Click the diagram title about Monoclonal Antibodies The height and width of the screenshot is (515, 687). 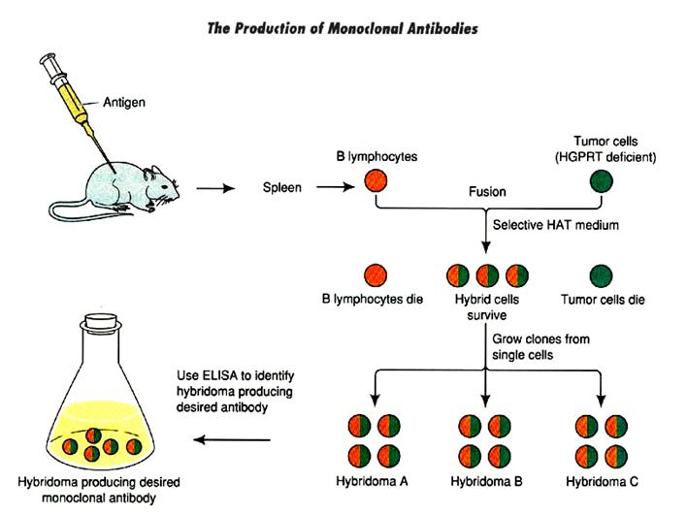343,28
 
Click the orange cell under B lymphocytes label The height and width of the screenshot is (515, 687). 376,181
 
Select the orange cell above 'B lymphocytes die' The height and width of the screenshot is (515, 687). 376,276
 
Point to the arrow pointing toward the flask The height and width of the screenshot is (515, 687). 233,439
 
